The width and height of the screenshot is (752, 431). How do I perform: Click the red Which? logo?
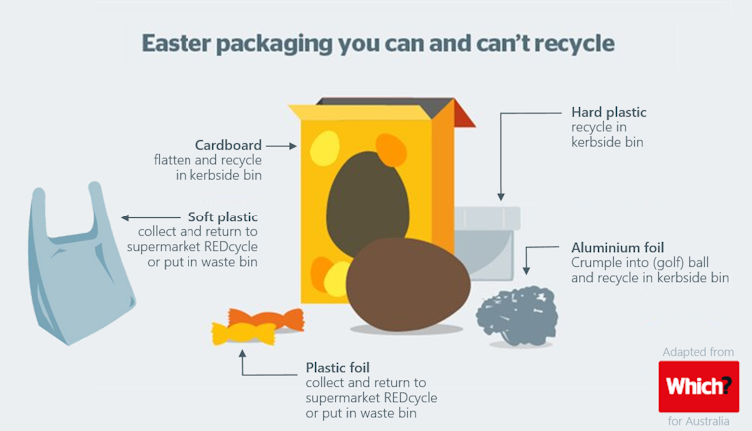[698, 386]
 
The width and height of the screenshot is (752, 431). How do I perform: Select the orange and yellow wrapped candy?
[244, 326]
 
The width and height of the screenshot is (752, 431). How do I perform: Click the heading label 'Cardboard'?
[228, 145]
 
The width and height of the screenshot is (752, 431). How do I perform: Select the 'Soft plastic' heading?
[223, 216]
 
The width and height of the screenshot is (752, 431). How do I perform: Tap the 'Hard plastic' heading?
[608, 112]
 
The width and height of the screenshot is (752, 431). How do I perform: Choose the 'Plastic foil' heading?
[338, 367]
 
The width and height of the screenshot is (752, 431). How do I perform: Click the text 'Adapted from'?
[698, 352]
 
